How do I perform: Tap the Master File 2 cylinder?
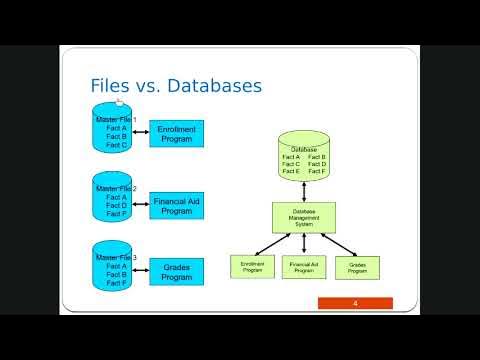coord(114,201)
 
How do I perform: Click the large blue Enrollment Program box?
coord(176,134)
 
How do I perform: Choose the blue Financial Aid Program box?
coord(176,206)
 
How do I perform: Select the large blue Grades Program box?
coord(176,272)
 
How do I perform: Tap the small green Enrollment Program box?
coord(251,266)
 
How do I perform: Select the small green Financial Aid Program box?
coord(303,267)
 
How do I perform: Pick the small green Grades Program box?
coord(357,267)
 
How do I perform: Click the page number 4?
coord(355,303)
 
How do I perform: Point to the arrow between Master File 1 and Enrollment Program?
coord(141,133)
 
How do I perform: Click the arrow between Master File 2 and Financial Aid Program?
coord(141,205)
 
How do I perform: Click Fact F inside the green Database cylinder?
coord(317,172)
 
